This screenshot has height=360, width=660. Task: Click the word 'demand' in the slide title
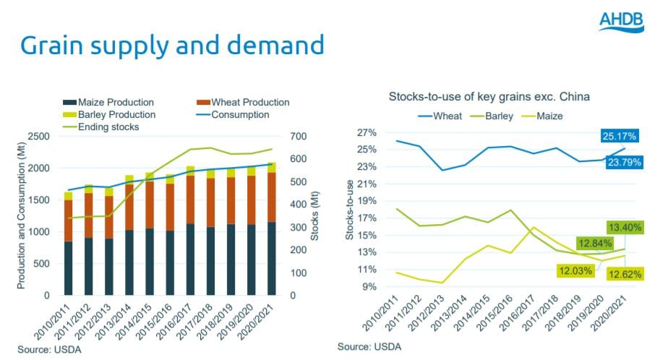269,46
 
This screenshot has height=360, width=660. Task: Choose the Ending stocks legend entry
102,127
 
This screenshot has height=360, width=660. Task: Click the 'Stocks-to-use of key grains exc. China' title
488,96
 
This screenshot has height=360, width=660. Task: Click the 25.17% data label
618,135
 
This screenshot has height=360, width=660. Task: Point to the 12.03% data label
575,271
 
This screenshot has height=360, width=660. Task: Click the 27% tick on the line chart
367,133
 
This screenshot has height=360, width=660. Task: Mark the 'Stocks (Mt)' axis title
315,216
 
